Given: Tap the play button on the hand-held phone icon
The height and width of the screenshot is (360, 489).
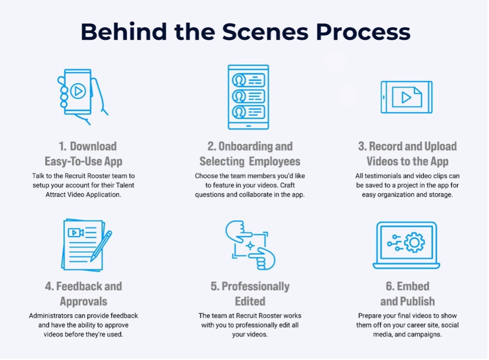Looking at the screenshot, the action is [78, 91].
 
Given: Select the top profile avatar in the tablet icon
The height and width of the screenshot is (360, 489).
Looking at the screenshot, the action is [239, 80].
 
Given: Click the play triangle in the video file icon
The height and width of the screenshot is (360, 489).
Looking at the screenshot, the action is [406, 98].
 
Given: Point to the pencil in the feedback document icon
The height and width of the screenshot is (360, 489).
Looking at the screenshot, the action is [101, 246].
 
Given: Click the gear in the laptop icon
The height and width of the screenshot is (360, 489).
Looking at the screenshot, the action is [414, 242].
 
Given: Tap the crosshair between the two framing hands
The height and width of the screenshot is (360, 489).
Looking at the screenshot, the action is [250, 246].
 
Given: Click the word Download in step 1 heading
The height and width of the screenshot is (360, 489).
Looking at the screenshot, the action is [93, 146].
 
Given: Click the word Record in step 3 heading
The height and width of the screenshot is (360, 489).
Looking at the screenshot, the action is [385, 146].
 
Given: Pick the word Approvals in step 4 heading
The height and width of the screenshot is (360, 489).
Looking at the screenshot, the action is [83, 302].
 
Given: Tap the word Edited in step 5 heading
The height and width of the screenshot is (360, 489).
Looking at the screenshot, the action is [250, 301].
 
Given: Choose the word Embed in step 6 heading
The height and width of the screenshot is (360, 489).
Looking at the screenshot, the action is [413, 286].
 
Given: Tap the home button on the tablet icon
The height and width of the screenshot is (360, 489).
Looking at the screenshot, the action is [249, 126].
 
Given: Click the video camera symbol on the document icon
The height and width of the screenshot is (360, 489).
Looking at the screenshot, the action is [76, 232].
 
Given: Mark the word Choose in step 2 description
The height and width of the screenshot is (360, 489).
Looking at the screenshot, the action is [205, 176].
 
